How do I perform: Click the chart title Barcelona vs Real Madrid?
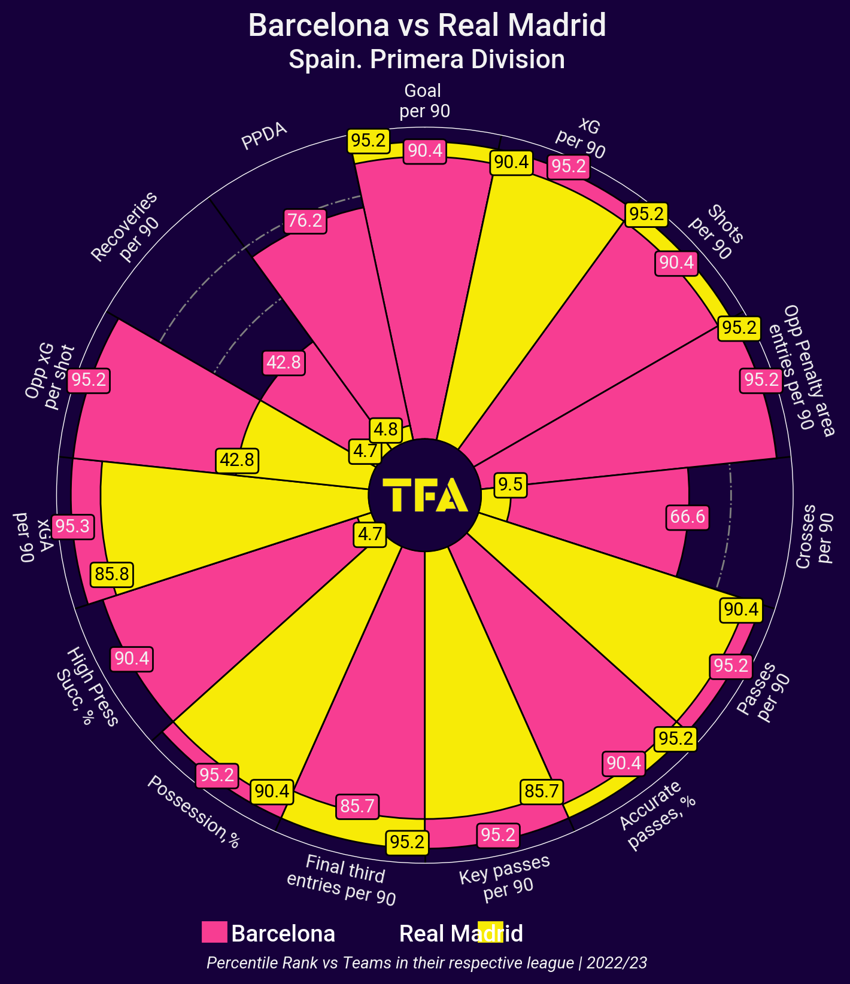point(427,26)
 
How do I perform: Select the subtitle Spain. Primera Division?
point(427,60)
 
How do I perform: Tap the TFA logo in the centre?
point(424,495)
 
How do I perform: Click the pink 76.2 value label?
point(305,221)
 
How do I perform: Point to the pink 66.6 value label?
point(688,516)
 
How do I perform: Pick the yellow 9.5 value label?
point(511,484)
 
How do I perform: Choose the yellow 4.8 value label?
point(385,429)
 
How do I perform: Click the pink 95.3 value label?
point(72,526)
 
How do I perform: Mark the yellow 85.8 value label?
point(112,574)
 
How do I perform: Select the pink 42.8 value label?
point(284,362)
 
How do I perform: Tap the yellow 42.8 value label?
point(237,460)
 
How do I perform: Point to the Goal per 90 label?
point(424,100)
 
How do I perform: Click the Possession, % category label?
point(194,812)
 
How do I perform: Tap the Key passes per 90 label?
point(506,878)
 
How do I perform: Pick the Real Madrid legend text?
point(461,933)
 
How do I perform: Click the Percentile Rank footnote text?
point(427,963)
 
